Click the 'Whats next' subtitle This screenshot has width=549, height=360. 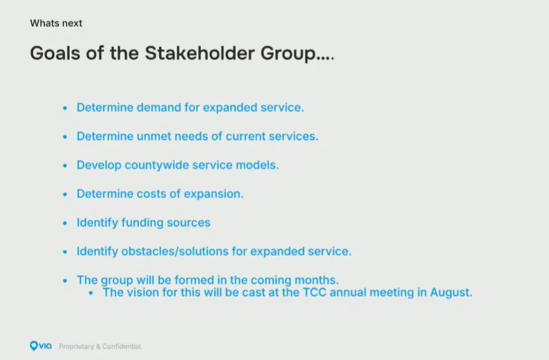56,23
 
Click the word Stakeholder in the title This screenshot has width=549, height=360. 200,53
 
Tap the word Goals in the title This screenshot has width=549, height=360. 55,53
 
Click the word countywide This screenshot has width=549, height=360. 157,165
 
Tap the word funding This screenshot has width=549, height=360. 142,223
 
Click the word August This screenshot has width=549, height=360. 451,293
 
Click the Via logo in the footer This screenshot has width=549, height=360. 41,346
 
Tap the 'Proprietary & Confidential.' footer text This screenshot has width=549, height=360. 100,346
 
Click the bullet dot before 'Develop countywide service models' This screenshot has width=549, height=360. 65,165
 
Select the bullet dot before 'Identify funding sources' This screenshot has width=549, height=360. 65,223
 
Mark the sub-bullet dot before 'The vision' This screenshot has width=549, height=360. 91,293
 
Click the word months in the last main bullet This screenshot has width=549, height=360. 316,280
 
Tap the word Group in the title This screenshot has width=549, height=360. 288,53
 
